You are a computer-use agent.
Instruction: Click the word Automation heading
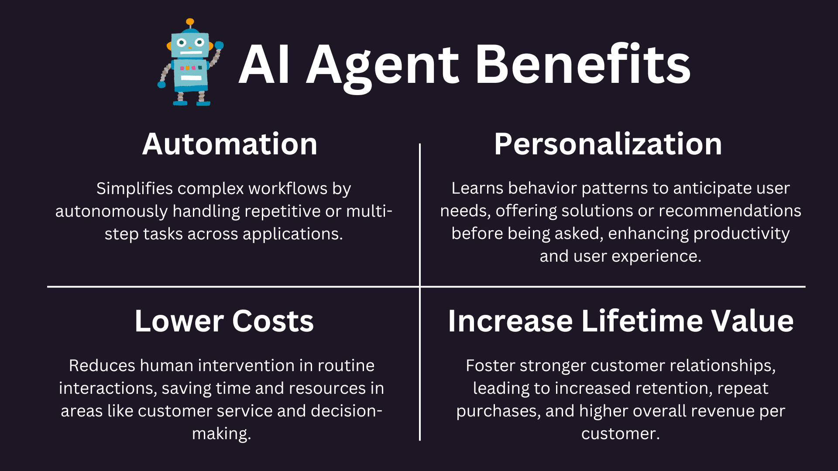point(230,144)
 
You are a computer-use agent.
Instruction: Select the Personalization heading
point(608,144)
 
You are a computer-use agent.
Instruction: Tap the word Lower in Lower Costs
point(179,321)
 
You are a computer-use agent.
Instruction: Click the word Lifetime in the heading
point(642,321)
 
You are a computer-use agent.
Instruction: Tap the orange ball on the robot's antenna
point(190,22)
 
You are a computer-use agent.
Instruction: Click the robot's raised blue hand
point(219,45)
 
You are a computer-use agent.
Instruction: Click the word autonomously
point(111,212)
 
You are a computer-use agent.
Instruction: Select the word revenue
point(721,411)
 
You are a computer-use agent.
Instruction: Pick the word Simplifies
point(134,189)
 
